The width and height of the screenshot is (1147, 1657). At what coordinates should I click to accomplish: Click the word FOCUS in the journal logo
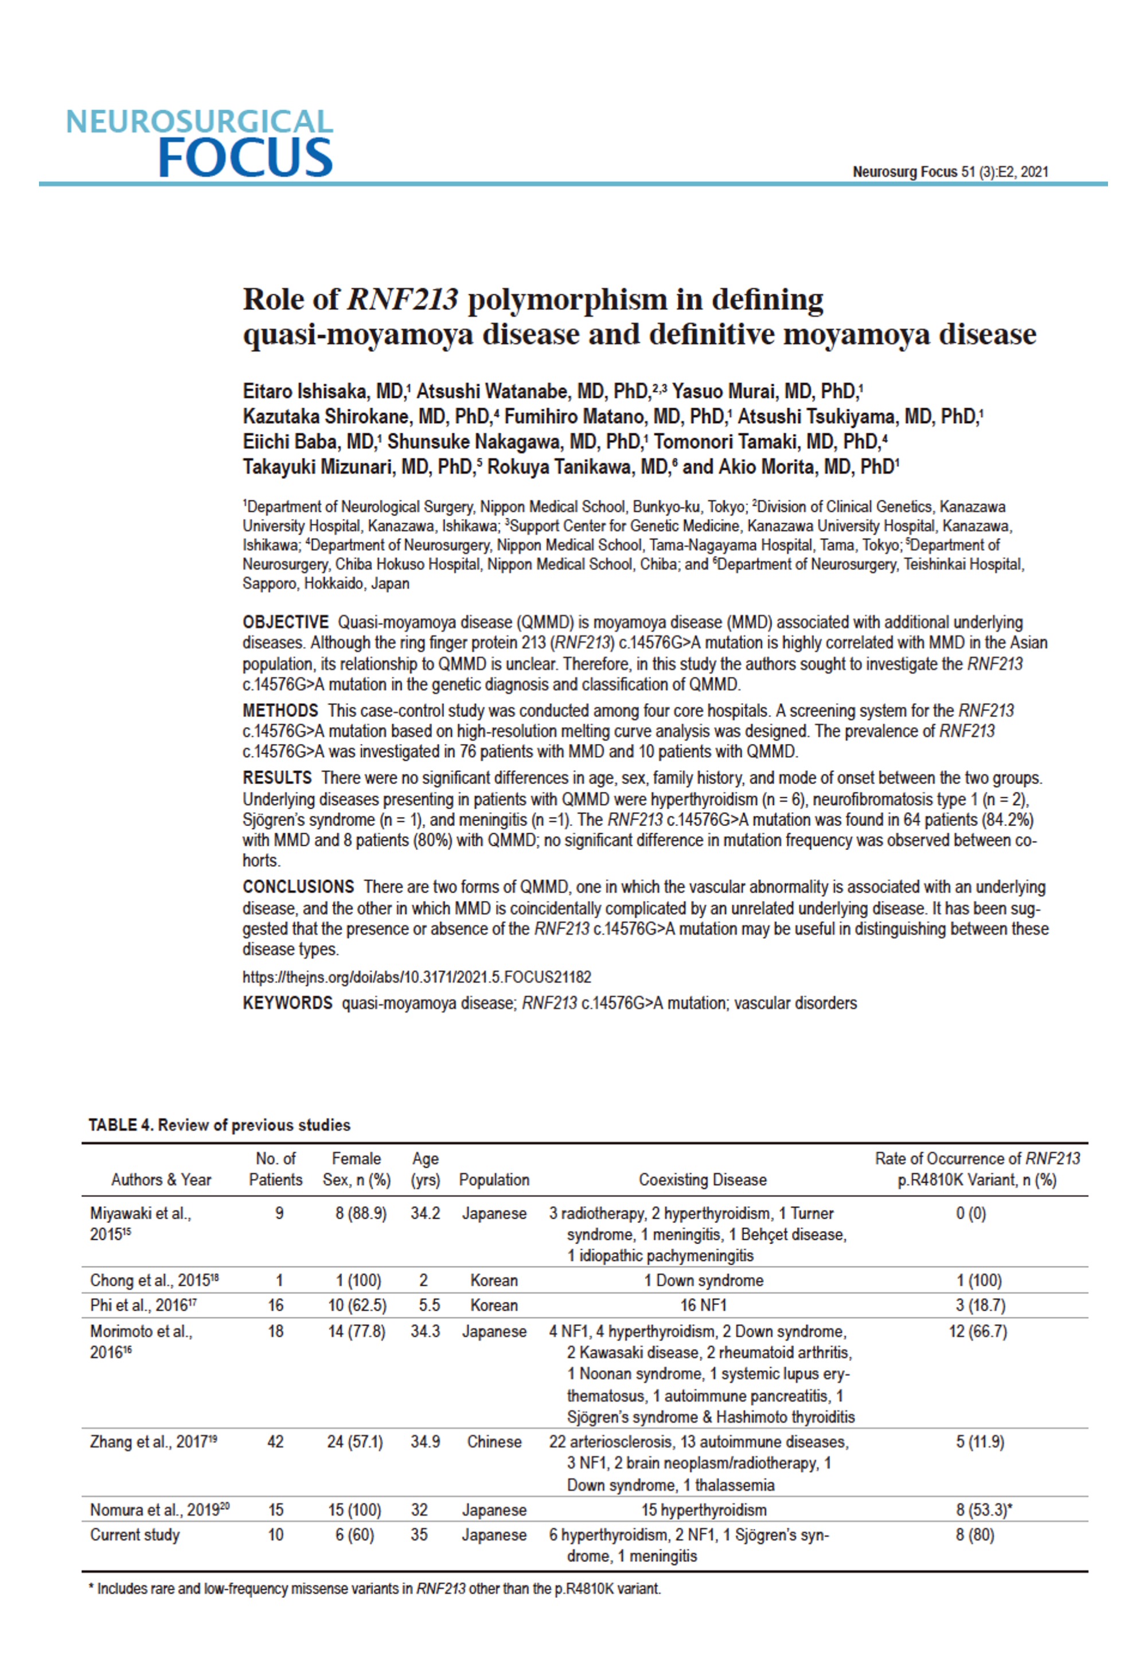[x=244, y=157]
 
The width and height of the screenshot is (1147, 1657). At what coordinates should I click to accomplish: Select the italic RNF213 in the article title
[x=402, y=299]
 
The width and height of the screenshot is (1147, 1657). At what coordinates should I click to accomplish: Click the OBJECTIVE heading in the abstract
[x=285, y=622]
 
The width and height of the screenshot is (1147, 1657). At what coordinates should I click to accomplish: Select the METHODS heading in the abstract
[x=280, y=711]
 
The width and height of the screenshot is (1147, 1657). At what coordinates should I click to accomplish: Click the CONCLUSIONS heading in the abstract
[x=298, y=887]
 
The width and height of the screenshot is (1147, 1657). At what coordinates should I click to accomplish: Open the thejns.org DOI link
[x=417, y=977]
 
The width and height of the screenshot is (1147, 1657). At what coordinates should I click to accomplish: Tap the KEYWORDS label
[x=287, y=1003]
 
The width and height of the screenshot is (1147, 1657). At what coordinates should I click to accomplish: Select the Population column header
[x=494, y=1180]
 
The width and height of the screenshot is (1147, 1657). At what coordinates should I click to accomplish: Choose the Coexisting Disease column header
[x=702, y=1180]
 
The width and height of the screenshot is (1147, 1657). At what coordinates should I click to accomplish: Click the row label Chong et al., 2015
[x=154, y=1281]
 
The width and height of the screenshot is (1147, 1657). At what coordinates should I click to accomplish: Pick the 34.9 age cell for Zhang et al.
[x=425, y=1441]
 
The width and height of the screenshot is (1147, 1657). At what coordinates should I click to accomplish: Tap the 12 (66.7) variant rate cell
[x=977, y=1331]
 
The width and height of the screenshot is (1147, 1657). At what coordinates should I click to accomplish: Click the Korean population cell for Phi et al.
[x=494, y=1305]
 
